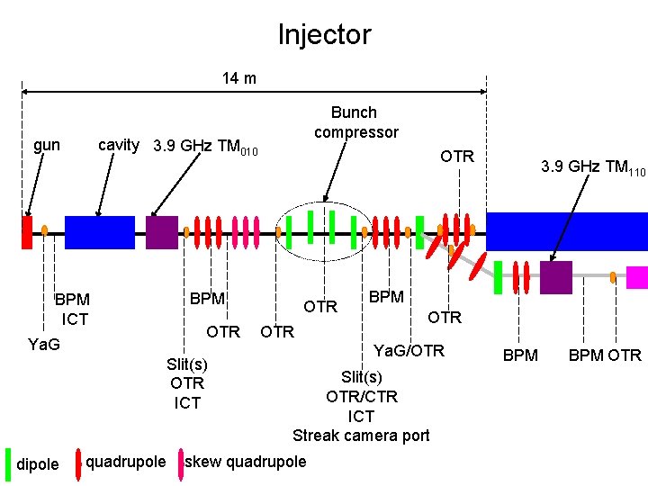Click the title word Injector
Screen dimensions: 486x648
tap(324, 35)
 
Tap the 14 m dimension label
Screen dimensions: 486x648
tap(239, 78)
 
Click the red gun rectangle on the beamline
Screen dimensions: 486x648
tap(27, 231)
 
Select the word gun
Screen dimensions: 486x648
tap(47, 145)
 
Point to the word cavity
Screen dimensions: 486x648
tap(119, 145)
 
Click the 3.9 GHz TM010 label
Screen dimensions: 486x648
tap(206, 147)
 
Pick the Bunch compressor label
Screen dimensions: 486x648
tap(355, 122)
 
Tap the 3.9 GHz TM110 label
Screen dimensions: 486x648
tap(593, 166)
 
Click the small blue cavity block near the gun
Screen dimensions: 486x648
tap(100, 232)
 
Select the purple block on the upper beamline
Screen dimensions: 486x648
tap(162, 232)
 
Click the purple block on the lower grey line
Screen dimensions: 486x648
tap(555, 276)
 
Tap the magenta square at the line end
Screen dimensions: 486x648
tap(637, 276)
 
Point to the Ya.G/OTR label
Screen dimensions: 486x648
tap(409, 350)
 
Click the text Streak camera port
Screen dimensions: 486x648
tap(361, 436)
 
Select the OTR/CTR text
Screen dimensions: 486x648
tap(361, 396)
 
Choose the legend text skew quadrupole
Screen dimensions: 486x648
tap(245, 462)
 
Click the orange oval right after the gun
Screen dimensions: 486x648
tap(45, 230)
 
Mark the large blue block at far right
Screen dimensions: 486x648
tap(566, 231)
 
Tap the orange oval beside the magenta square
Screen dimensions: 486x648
tap(613, 276)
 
